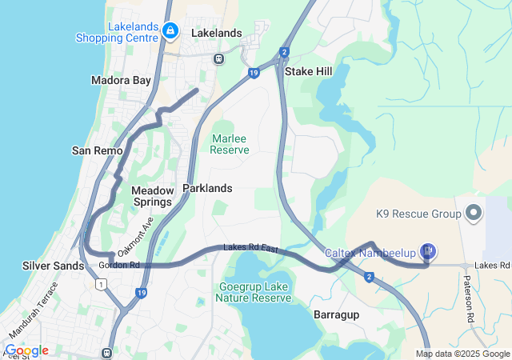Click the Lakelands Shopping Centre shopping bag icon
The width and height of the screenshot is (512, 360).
[170, 31]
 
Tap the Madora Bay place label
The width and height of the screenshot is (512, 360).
[121, 81]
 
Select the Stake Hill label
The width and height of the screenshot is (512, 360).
[308, 71]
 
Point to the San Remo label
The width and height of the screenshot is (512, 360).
[98, 150]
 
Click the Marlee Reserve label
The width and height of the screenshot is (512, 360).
[230, 144]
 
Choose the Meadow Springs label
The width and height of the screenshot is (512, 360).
[151, 196]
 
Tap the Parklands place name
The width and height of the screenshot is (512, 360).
[207, 188]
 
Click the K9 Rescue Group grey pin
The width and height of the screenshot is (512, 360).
[473, 214]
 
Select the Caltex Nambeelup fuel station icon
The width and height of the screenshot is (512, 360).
[429, 252]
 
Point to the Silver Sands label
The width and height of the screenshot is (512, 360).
[53, 266]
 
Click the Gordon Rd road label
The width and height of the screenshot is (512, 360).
[119, 265]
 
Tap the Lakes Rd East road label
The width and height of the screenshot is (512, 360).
[250, 249]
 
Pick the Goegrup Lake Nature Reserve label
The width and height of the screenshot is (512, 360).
[254, 292]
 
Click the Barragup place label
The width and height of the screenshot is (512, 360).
[337, 314]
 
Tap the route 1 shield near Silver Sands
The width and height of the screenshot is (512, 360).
[102, 284]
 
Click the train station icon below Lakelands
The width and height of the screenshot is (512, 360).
[218, 58]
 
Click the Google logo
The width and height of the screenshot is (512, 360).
[26, 350]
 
